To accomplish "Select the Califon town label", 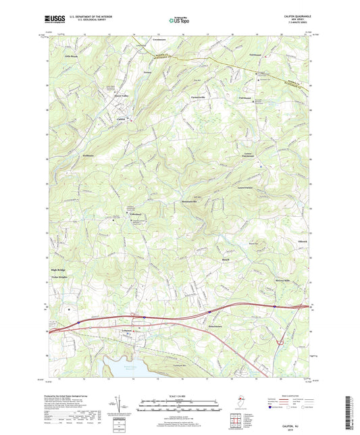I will (x=122, y=120).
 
